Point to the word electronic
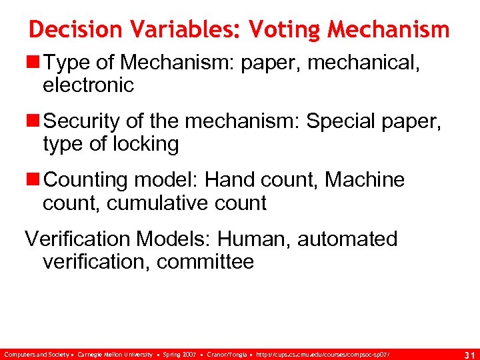pyautogui.click(x=88, y=85)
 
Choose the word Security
pyautogui.click(x=81, y=121)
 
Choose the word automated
pyautogui.click(x=347, y=239)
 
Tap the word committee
pyautogui.click(x=205, y=261)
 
